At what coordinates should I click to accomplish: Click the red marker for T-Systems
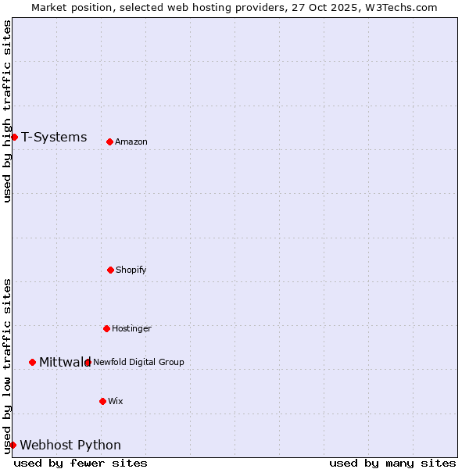pos(14,137)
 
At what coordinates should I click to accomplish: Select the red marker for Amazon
pos(109,141)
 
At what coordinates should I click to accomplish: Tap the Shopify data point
pos(110,270)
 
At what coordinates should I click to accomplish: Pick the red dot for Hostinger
pos(106,328)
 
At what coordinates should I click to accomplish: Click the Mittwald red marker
pos(32,362)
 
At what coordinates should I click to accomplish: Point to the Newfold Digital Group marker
pos(88,362)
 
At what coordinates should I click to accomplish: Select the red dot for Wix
pos(102,401)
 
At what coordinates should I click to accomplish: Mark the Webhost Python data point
pos(13,445)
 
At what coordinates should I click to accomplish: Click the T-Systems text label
pos(54,138)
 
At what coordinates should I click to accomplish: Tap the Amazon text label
pos(131,142)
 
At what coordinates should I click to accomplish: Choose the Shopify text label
pos(131,270)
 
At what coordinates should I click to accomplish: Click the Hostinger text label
pos(131,329)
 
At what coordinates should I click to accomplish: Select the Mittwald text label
pos(65,362)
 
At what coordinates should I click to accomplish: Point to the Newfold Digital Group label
pos(138,362)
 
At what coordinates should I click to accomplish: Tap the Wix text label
pos(116,402)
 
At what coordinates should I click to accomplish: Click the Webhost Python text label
pos(70,446)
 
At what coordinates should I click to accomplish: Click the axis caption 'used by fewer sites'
pos(81,463)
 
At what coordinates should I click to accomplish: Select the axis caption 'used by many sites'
pos(392,463)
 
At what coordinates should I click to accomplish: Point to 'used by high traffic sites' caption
pos(7,111)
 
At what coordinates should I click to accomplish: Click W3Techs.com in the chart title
pos(399,7)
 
